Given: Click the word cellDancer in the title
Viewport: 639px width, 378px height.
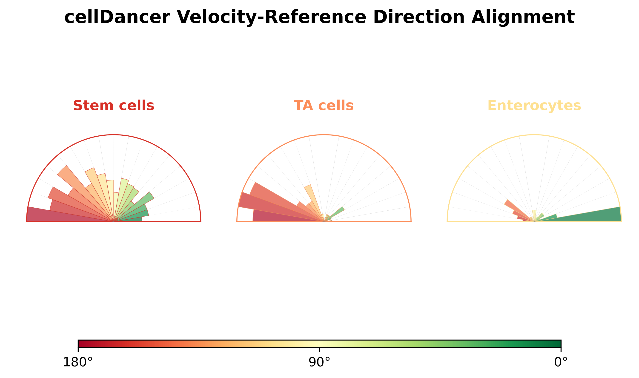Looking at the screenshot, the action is [x=117, y=17].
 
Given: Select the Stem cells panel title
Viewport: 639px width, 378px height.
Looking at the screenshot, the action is [x=114, y=106].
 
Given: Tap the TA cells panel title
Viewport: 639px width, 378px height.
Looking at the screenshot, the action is [x=324, y=106].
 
